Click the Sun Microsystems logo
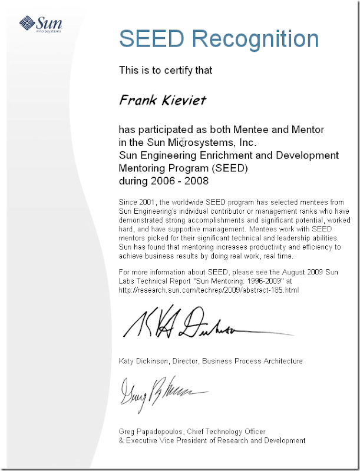tap(40, 24)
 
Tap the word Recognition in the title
tap(255, 39)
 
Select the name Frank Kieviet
tap(163, 99)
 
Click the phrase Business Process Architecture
tap(253, 361)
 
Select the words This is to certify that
tap(166, 70)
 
